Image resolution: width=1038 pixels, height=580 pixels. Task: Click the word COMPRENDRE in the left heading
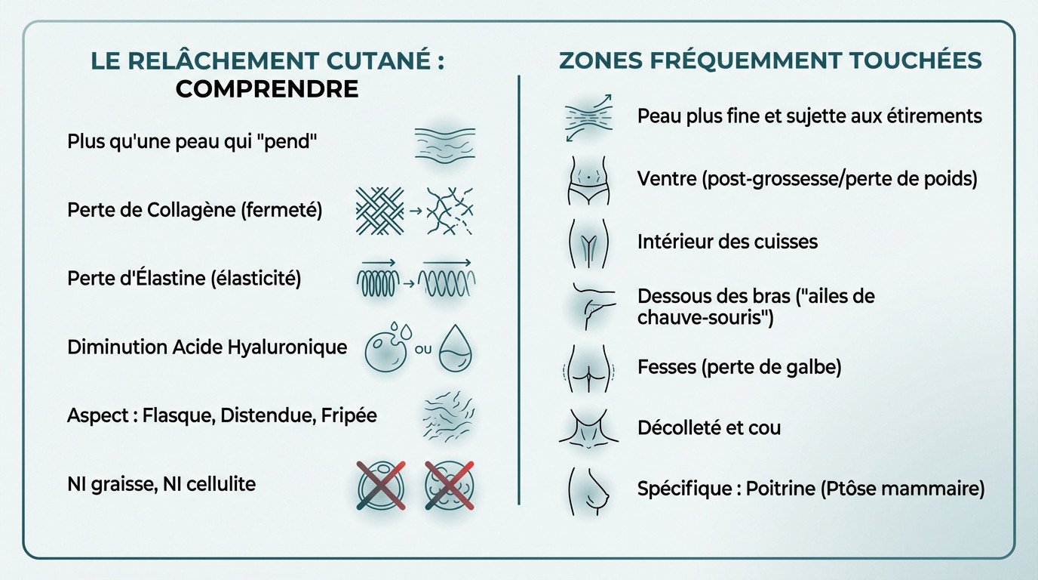[x=267, y=89]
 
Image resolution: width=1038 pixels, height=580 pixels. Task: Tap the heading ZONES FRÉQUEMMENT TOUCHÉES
[x=770, y=61]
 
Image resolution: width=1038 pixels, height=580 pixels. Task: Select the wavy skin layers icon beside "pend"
[x=445, y=142]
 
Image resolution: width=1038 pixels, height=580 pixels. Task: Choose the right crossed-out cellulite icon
[x=449, y=484]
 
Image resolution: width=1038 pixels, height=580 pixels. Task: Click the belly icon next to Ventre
[x=589, y=181]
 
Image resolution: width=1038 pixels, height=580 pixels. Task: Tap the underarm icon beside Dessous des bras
[x=589, y=305]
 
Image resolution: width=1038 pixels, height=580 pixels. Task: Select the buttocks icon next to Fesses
[x=588, y=369]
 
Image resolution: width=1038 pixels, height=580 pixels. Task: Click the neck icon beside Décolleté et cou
[x=588, y=428]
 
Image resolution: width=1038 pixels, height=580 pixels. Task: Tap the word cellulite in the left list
[x=219, y=483]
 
